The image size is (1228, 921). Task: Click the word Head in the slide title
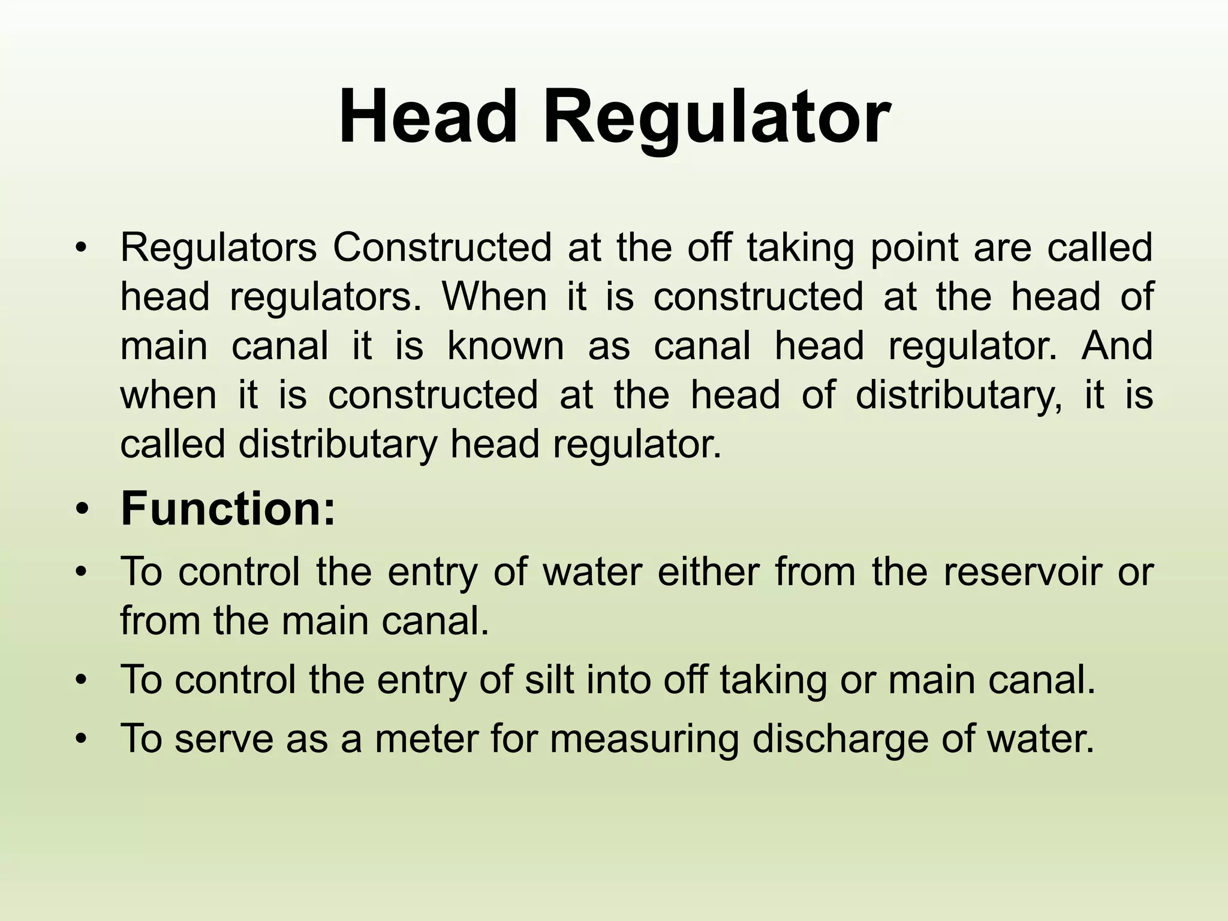pyautogui.click(x=428, y=117)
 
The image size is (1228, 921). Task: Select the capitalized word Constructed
pyautogui.click(x=442, y=248)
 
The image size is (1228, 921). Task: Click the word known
pyautogui.click(x=505, y=347)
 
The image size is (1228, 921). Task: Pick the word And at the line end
pyautogui.click(x=1116, y=347)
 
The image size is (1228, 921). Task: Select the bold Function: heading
pyautogui.click(x=228, y=509)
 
